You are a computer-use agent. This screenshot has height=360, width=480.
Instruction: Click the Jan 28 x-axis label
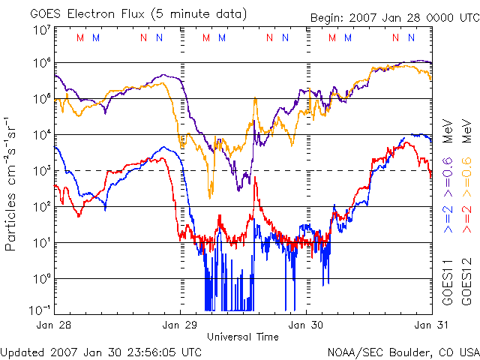[52, 325]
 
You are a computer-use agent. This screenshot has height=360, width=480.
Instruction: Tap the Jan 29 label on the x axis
[180, 325]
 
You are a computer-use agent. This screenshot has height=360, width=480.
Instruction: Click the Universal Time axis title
[243, 336]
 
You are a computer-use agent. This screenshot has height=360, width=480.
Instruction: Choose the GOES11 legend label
[448, 281]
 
